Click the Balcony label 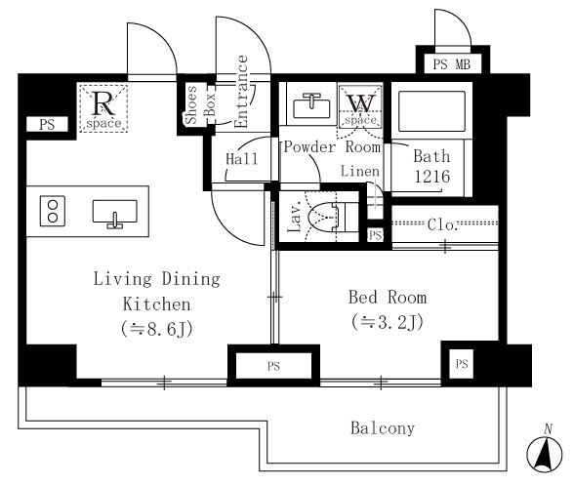(x=383, y=428)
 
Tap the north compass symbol (x=545, y=452)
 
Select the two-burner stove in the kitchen (x=53, y=211)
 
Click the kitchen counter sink (x=115, y=214)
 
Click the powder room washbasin (x=311, y=105)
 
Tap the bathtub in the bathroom (x=431, y=111)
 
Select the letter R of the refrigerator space (x=103, y=103)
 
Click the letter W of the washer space (x=361, y=103)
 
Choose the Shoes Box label (x=199, y=104)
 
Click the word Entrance (x=241, y=92)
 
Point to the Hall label (x=242, y=159)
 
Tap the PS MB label (x=452, y=64)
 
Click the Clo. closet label (x=442, y=224)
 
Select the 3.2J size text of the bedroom (x=388, y=322)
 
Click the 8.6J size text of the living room (x=157, y=329)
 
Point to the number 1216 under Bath (x=431, y=177)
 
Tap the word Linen (x=360, y=171)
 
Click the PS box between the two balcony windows (x=273, y=366)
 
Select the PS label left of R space (x=47, y=125)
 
